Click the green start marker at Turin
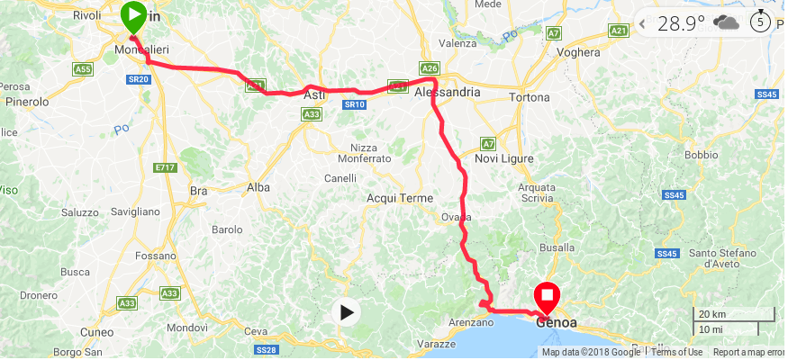coord(133,15)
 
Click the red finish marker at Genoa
coord(547,296)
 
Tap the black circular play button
coord(346,312)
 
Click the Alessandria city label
coord(447,93)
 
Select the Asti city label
coord(314,94)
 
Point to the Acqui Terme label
coord(400,198)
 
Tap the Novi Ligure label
coord(504,158)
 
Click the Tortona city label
coord(529,96)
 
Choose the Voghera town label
coord(578,52)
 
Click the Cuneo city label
coord(96,331)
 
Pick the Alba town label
coord(258,187)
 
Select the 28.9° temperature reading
coord(681,23)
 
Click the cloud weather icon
coord(725,22)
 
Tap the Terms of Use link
coord(676,352)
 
